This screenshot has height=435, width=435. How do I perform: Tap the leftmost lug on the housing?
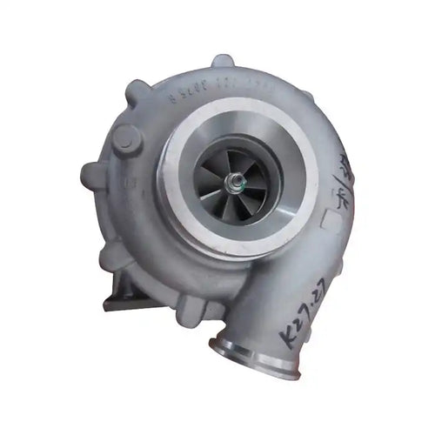point(91,174)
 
